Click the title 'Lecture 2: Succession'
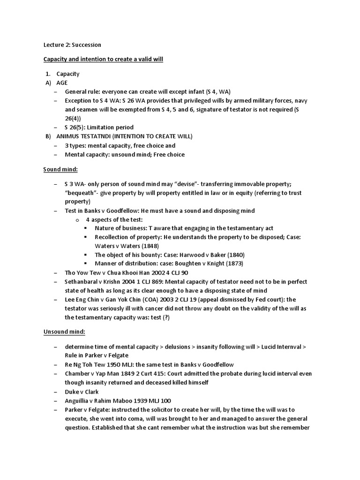[x=72, y=45]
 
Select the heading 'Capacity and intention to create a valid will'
[x=103, y=60]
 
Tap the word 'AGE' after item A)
[x=62, y=82]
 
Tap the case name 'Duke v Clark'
[x=82, y=392]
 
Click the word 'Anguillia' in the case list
[x=79, y=401]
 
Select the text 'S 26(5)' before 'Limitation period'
[x=75, y=127]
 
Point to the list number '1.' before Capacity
[x=48, y=74]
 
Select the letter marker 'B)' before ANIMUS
[x=47, y=136]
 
